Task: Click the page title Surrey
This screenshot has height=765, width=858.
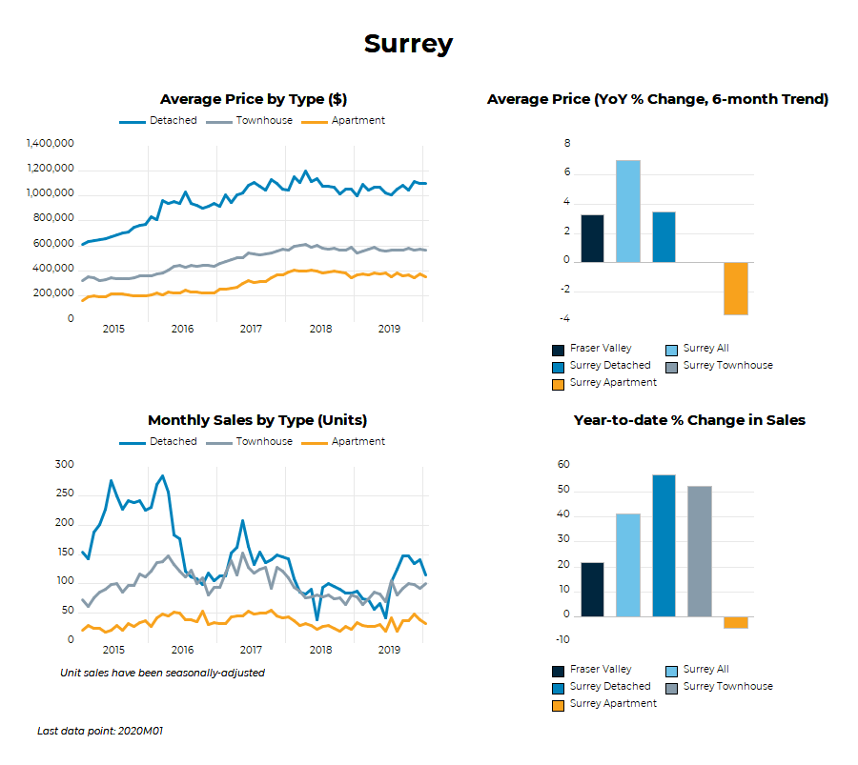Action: click(x=408, y=44)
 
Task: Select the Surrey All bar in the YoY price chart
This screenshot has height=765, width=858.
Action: click(x=628, y=211)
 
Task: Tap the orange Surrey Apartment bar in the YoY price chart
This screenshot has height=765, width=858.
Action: click(x=735, y=288)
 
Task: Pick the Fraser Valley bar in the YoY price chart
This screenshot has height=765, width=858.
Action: click(x=592, y=238)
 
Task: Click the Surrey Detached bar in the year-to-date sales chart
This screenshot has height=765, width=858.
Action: click(x=664, y=545)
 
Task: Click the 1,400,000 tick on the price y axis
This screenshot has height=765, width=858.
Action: click(x=51, y=144)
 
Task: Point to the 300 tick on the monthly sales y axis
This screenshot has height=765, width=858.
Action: click(x=64, y=465)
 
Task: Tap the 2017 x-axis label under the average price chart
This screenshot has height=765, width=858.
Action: click(x=251, y=329)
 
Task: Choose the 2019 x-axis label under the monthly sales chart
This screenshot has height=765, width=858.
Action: click(x=389, y=650)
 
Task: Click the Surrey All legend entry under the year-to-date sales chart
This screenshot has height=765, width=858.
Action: click(x=705, y=670)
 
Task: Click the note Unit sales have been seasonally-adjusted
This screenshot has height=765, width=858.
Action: click(x=162, y=673)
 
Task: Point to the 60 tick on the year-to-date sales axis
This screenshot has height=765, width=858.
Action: click(x=563, y=465)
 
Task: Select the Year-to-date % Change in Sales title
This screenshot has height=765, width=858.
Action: click(x=689, y=420)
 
